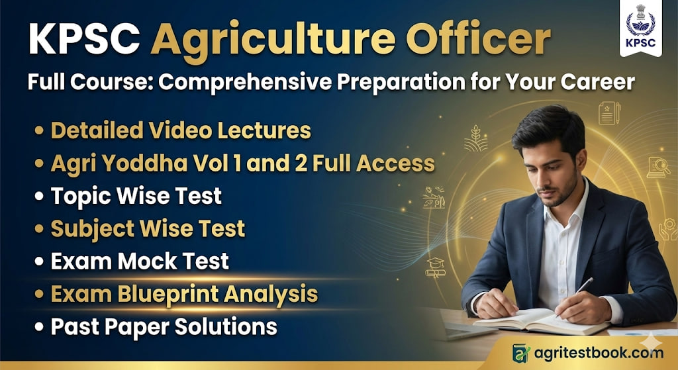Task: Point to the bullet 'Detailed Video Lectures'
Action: [180, 130]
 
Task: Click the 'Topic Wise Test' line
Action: [136, 196]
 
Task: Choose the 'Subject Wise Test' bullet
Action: [148, 229]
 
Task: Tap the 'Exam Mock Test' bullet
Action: [140, 261]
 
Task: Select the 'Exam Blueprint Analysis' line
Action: [184, 293]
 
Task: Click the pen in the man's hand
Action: [583, 286]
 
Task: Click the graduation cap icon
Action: [435, 265]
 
